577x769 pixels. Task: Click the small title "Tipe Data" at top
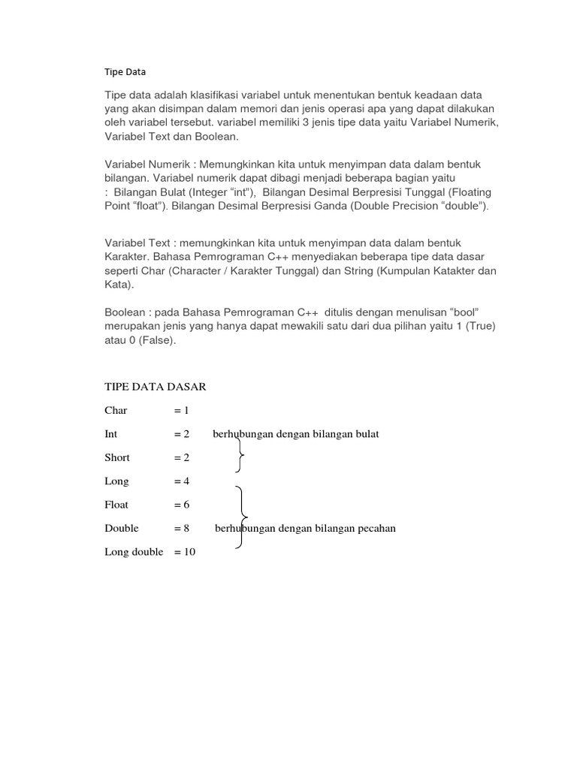point(125,73)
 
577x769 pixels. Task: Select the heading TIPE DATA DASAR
point(155,387)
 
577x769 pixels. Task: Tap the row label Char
point(116,411)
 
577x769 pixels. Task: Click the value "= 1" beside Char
point(181,411)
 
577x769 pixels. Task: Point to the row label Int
point(111,434)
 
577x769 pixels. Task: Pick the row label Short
point(117,457)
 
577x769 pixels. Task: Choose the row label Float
point(117,505)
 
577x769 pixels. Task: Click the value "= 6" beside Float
point(182,505)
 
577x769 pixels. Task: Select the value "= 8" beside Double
point(182,528)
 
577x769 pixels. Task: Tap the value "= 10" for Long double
point(185,552)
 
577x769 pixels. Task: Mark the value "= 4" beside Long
point(182,481)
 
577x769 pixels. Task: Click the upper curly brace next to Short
point(240,452)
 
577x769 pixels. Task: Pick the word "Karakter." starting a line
point(127,257)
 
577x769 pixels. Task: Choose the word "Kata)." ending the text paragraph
point(119,285)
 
